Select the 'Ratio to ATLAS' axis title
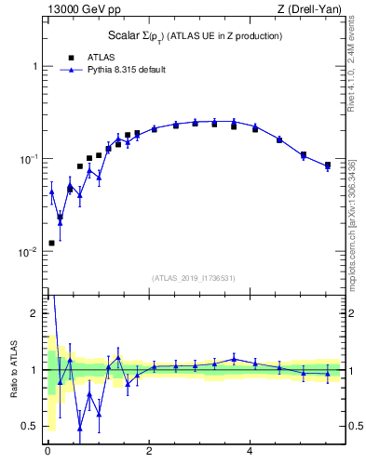click(x=14, y=369)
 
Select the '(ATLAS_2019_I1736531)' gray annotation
click(x=192, y=278)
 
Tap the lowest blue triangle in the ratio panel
click(x=80, y=428)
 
